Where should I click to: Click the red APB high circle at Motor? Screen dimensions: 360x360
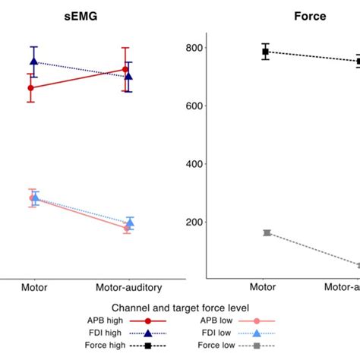pyautogui.click(x=30, y=88)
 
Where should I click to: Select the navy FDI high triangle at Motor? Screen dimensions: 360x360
pyautogui.click(x=33, y=62)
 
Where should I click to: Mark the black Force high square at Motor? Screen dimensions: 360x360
pyautogui.click(x=266, y=52)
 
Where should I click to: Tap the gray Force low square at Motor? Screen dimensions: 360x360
pyautogui.click(x=267, y=232)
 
